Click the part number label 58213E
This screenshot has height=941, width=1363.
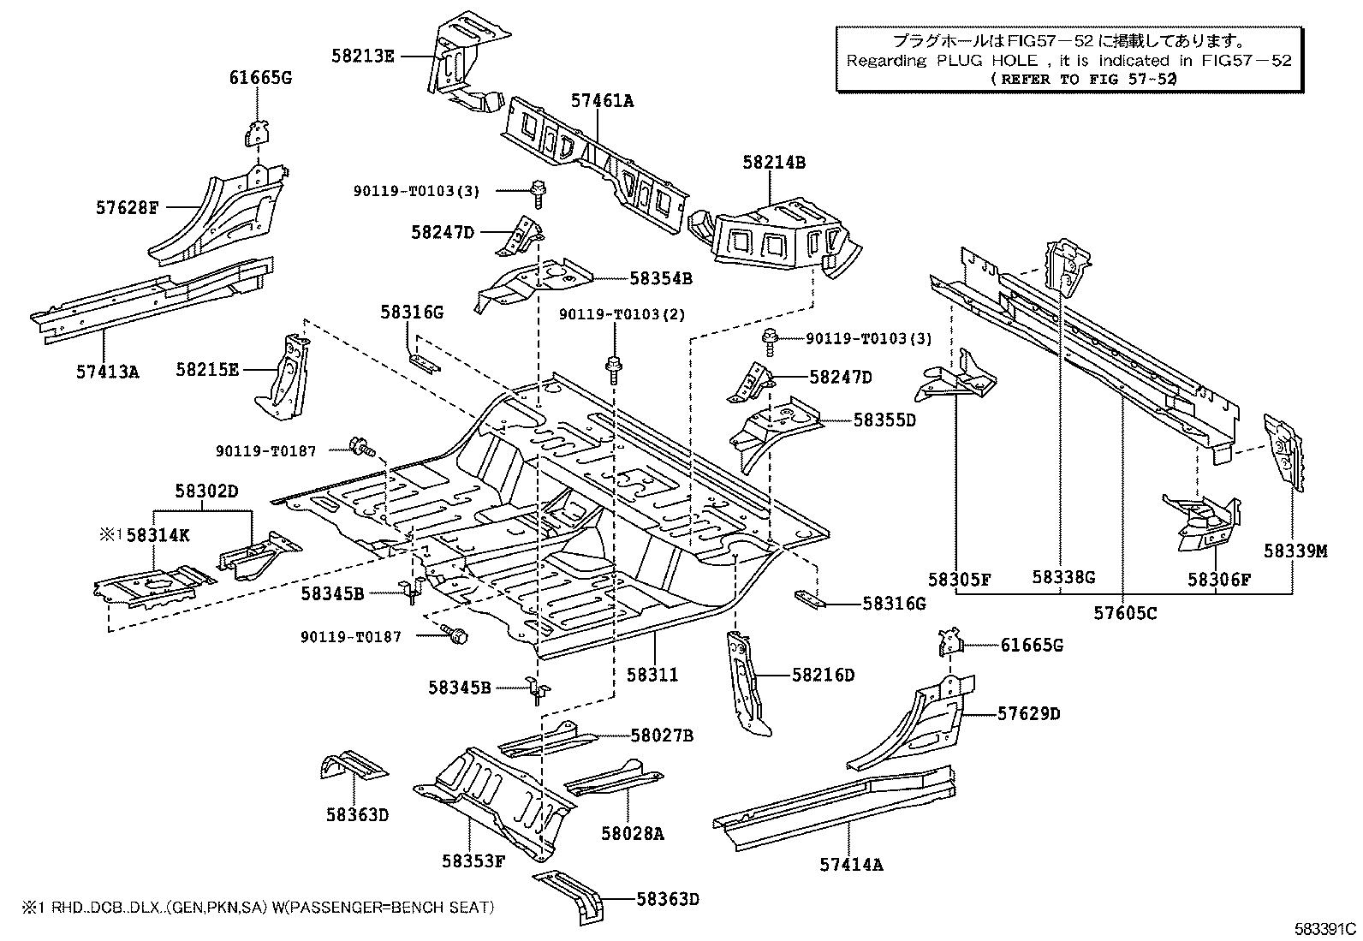[x=363, y=57]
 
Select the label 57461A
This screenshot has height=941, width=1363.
[x=602, y=101]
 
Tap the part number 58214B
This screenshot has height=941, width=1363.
[x=774, y=163]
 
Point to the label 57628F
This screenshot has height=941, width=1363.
[x=128, y=207]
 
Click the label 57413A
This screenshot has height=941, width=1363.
[x=107, y=372]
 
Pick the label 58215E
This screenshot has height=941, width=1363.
[x=208, y=370]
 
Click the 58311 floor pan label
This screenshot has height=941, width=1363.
[x=652, y=674]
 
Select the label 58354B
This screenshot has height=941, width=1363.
[x=661, y=278]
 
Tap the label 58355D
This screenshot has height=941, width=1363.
[x=884, y=420]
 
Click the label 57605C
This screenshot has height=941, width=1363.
[x=1125, y=613]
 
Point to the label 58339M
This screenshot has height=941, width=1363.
[x=1295, y=551]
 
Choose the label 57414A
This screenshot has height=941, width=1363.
[x=851, y=865]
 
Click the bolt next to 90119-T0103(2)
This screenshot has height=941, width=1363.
[x=614, y=367]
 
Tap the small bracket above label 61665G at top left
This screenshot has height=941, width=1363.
[x=256, y=134]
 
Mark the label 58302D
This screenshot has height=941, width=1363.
[x=206, y=491]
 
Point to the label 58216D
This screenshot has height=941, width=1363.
[x=823, y=675]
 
